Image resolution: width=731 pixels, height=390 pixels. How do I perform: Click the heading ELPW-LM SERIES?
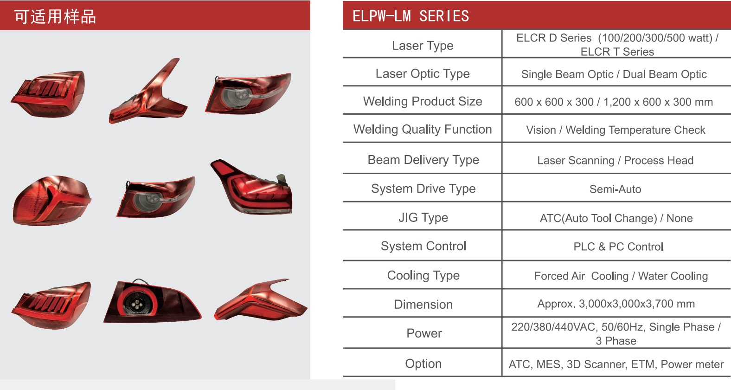(x=410, y=16)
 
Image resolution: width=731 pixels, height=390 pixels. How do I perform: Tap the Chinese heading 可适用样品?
(x=55, y=17)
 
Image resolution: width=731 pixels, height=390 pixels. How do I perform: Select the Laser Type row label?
(x=423, y=45)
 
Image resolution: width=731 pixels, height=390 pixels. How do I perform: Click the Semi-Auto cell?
(x=615, y=189)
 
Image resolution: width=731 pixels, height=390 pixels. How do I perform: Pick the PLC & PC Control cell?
(x=618, y=247)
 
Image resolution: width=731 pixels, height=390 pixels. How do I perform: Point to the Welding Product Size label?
(x=423, y=101)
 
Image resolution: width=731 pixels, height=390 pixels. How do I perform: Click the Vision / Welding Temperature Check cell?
(x=616, y=130)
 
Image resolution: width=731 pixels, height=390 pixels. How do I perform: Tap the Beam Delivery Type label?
(x=423, y=160)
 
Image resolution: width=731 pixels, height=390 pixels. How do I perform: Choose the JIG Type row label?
(x=423, y=218)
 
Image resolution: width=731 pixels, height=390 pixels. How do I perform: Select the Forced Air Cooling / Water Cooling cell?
(x=621, y=276)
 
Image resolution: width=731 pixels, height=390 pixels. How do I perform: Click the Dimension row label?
(x=423, y=305)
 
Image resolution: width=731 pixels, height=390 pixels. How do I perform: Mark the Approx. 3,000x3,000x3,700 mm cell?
(x=616, y=304)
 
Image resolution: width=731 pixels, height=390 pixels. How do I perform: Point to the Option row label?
(x=423, y=364)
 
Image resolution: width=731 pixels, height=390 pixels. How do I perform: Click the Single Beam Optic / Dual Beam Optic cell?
(x=614, y=74)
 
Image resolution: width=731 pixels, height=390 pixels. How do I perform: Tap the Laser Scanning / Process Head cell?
(x=615, y=160)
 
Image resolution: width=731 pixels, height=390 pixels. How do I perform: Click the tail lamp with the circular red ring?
(x=152, y=301)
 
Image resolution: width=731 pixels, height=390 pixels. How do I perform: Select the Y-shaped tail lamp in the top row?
(x=148, y=91)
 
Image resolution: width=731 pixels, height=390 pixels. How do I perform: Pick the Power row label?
(x=424, y=333)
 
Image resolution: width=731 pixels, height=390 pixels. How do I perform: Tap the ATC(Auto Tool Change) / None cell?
(x=616, y=218)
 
